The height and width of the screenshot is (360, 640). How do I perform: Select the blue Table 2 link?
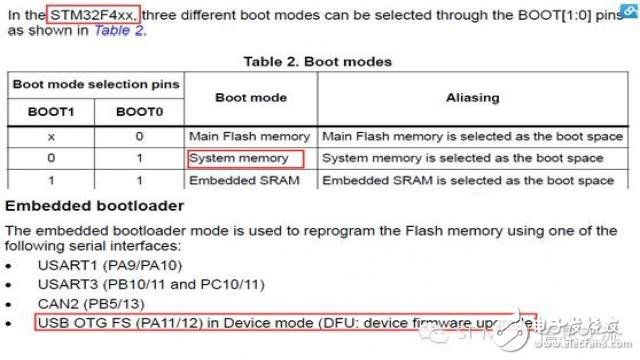click(118, 31)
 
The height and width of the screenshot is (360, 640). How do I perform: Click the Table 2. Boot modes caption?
click(317, 62)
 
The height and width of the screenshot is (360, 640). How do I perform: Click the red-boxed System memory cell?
click(244, 158)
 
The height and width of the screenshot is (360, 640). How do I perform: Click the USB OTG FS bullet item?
click(285, 322)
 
